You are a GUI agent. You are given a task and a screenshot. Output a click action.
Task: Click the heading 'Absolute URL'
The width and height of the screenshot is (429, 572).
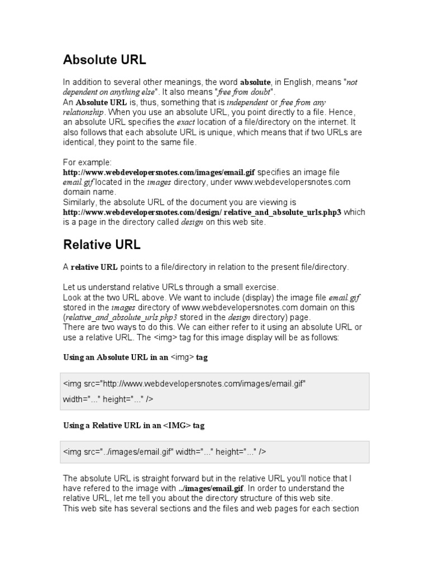point(105,59)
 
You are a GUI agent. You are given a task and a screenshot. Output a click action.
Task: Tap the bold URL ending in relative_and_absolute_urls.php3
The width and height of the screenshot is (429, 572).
point(202,212)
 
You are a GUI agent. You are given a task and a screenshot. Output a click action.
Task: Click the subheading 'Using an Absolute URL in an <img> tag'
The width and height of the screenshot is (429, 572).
point(135,357)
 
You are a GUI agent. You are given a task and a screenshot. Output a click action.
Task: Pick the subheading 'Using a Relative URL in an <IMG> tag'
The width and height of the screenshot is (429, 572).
point(134,425)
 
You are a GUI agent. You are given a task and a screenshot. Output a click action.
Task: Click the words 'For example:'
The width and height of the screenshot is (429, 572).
point(88,162)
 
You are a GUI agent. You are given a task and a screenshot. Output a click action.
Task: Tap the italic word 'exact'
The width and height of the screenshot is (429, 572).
point(185,122)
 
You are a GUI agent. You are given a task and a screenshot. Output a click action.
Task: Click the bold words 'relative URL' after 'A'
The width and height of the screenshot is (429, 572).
point(94,267)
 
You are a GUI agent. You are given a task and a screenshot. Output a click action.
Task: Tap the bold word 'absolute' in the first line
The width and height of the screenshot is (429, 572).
point(255,82)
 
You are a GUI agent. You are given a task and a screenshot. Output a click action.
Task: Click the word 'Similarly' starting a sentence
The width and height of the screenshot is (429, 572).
point(79,202)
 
